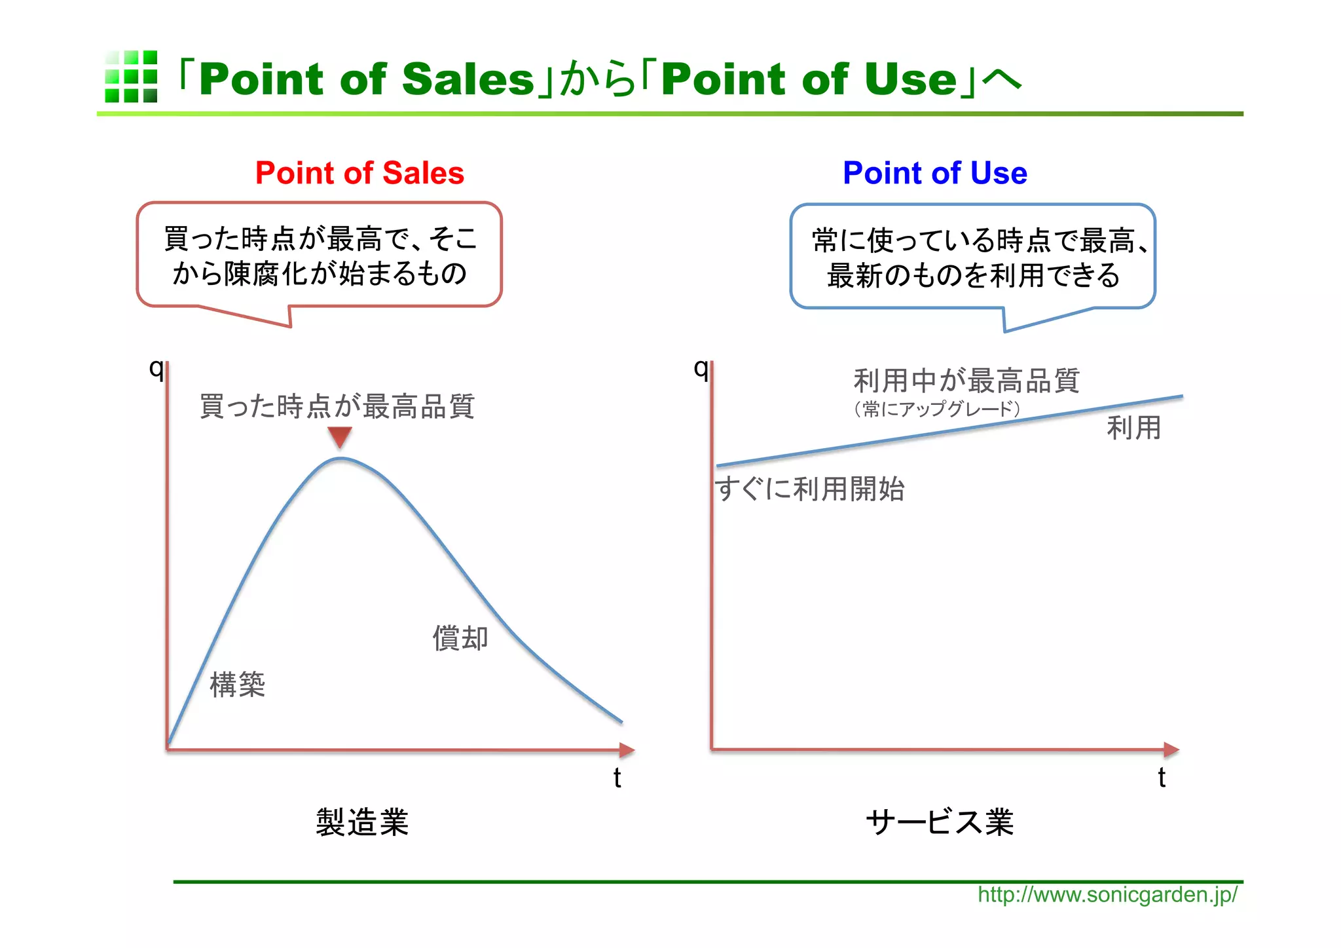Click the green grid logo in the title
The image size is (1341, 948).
click(x=131, y=77)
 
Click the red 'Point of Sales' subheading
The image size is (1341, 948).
click(x=359, y=173)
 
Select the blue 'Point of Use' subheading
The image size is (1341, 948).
click(x=934, y=173)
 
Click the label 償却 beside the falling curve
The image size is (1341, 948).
click(x=460, y=638)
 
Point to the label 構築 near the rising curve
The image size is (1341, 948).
click(x=237, y=685)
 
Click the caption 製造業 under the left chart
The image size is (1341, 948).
click(x=362, y=822)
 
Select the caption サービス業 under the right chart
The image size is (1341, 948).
click(x=940, y=822)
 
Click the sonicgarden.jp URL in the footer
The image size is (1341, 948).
click(x=1107, y=895)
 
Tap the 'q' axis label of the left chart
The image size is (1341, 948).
click(x=156, y=369)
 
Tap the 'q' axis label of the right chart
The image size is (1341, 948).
click(x=701, y=369)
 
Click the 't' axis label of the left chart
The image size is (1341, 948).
click(x=617, y=778)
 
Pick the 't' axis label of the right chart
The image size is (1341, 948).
click(x=1162, y=778)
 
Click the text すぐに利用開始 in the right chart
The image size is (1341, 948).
click(x=810, y=489)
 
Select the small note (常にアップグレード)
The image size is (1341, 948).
click(x=937, y=409)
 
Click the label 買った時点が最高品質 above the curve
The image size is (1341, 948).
click(x=337, y=406)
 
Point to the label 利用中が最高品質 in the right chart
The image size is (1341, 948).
click(x=966, y=381)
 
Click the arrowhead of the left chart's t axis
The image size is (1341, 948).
click(x=627, y=750)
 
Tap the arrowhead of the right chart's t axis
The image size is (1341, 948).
click(x=1171, y=749)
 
